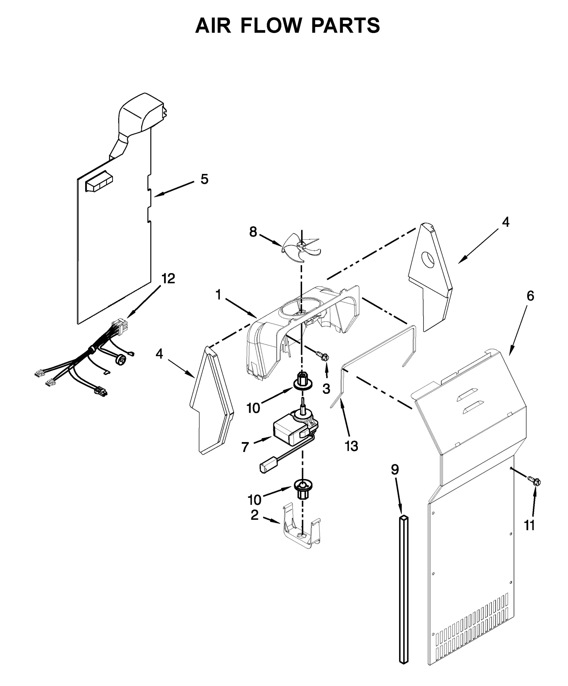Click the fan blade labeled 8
(x=301, y=246)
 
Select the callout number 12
(x=168, y=279)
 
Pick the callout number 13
(x=351, y=446)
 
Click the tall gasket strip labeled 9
(x=404, y=589)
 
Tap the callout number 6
(x=530, y=296)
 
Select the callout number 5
(x=204, y=179)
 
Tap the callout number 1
(x=218, y=294)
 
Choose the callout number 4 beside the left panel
(x=159, y=354)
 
